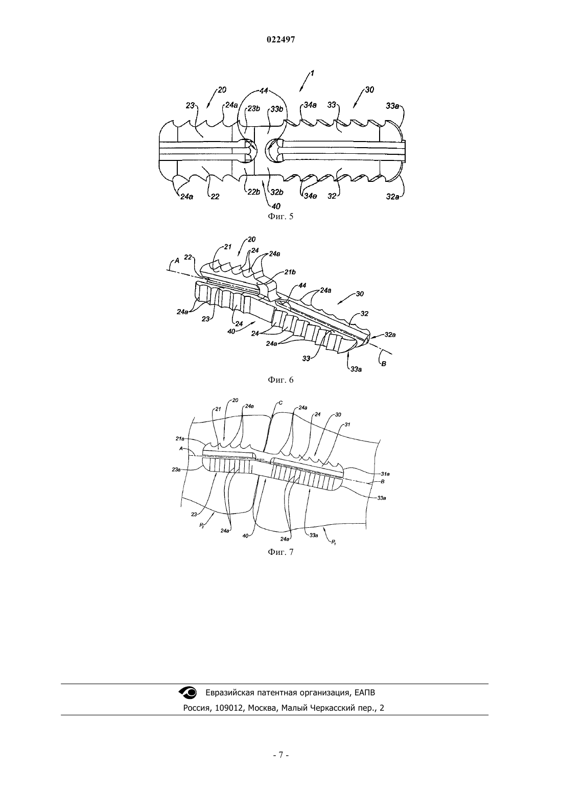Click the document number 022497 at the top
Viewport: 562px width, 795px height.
pyautogui.click(x=280, y=40)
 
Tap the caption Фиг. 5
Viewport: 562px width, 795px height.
pyautogui.click(x=280, y=217)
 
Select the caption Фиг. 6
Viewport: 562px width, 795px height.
pyautogui.click(x=280, y=380)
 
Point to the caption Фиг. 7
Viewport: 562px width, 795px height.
pyautogui.click(x=280, y=552)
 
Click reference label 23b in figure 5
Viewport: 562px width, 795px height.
pyautogui.click(x=254, y=109)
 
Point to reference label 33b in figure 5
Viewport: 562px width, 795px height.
pyautogui.click(x=277, y=109)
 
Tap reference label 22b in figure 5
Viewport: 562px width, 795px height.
pyautogui.click(x=254, y=192)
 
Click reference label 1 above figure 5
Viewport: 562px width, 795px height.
pyautogui.click(x=312, y=73)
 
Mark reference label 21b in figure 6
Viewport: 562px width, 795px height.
pyautogui.click(x=290, y=272)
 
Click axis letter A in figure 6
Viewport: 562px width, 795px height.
pyautogui.click(x=177, y=261)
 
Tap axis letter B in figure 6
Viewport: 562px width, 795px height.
pyautogui.click(x=384, y=364)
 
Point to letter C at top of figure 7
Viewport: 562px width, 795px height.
pyautogui.click(x=280, y=403)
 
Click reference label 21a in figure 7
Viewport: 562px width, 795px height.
pyautogui.click(x=180, y=439)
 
